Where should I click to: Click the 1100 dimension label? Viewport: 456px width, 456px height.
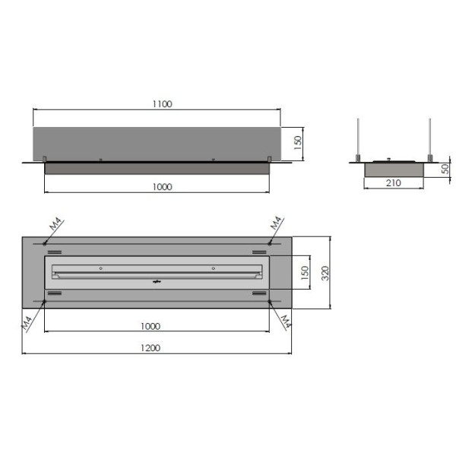coord(163,104)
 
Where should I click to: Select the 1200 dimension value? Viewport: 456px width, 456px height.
coord(150,348)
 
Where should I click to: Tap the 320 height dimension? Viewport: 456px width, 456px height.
coord(325,273)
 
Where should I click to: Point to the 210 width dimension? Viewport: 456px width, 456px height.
coord(394,183)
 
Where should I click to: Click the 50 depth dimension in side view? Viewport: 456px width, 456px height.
coord(445,169)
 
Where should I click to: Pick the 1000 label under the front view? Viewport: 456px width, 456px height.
coord(163,187)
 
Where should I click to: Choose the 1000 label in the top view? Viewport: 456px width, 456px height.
coord(150,326)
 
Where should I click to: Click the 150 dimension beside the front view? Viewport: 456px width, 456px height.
coord(298,143)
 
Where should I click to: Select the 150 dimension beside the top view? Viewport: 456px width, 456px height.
coord(305,273)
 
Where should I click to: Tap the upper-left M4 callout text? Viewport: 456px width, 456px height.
coord(55,224)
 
